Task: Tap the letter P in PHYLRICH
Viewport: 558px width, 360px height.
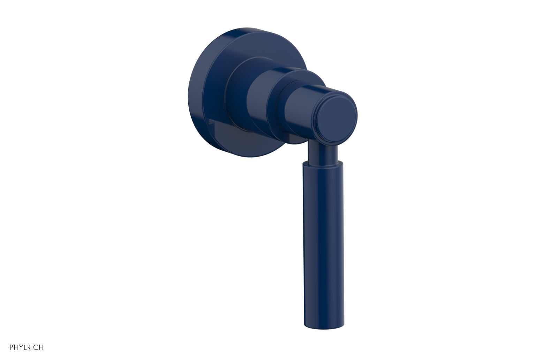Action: [x=12, y=347]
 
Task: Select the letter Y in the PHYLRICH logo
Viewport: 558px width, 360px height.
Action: [x=22, y=347]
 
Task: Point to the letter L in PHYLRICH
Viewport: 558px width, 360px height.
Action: [x=26, y=347]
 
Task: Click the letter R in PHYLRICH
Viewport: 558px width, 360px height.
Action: [x=30, y=347]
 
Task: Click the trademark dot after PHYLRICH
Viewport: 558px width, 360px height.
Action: [x=44, y=345]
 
